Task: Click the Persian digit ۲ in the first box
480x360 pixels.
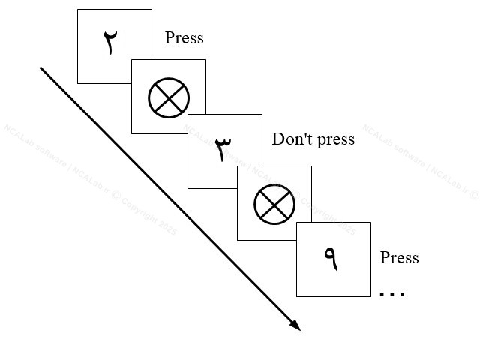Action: coord(110,43)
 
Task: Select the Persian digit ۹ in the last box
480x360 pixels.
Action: coord(331,258)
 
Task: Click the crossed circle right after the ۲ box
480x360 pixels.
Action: coord(169,97)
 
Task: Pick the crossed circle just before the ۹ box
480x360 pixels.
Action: coord(274,203)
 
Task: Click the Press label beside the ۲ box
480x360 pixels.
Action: coord(184,38)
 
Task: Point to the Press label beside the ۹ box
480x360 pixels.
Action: coord(399,258)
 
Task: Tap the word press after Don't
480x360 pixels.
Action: coord(334,140)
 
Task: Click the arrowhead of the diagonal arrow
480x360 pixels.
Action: coord(296,325)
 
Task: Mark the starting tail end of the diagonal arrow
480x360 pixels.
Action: coord(40,68)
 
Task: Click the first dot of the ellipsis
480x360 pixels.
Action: coord(382,295)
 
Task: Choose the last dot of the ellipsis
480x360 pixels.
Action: coord(403,295)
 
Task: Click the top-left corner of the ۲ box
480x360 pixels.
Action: coord(78,10)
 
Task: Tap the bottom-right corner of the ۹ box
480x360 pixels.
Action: coord(370,296)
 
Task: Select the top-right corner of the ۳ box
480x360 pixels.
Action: coord(262,115)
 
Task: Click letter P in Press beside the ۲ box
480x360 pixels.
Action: coord(169,38)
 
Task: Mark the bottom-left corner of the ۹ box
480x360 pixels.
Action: coord(296,296)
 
